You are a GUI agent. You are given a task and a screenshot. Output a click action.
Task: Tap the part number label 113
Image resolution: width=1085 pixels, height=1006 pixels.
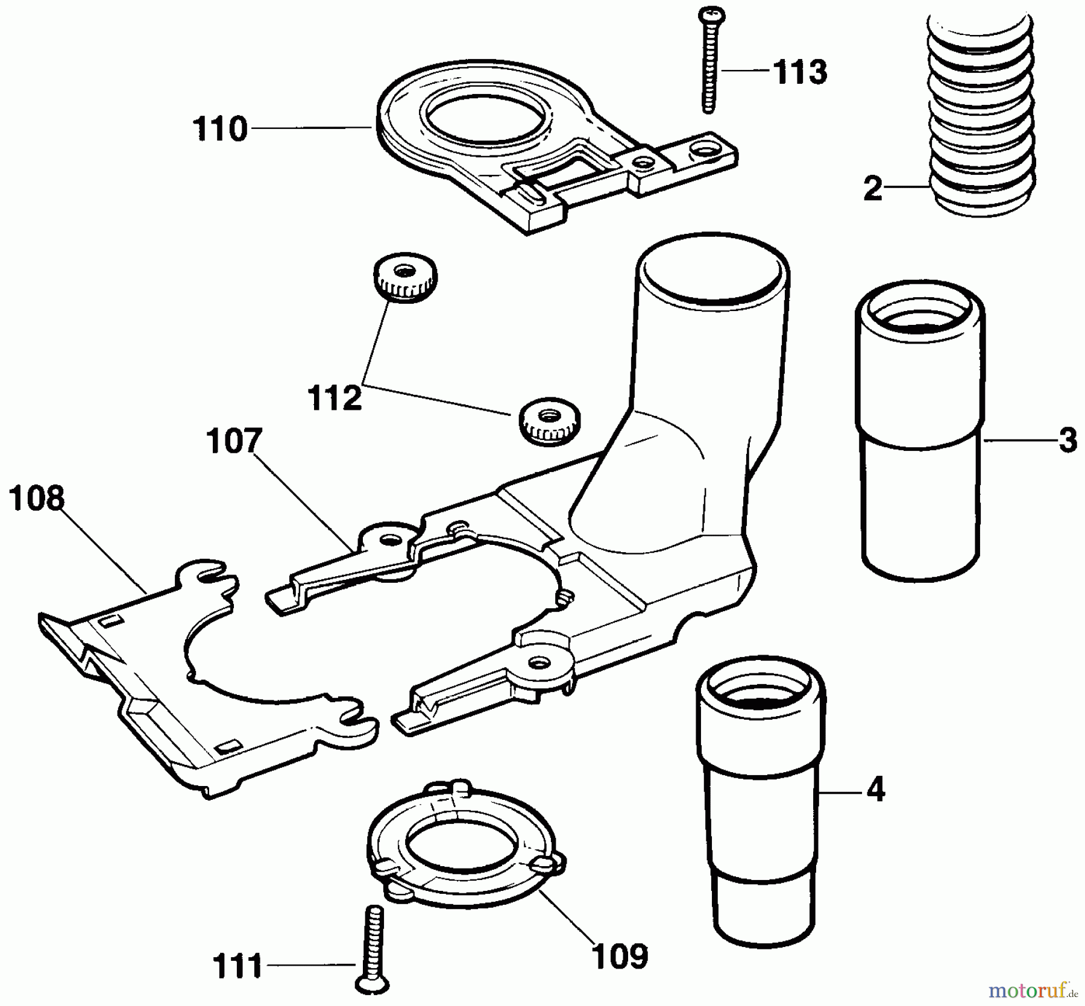pos(800,73)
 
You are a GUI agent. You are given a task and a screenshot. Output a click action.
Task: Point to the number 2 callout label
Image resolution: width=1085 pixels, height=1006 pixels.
pos(872,189)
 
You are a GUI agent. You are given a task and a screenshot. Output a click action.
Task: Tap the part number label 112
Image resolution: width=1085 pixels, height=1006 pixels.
pos(335,398)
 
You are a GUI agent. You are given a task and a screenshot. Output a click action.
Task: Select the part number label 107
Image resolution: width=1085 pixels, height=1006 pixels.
pos(234,442)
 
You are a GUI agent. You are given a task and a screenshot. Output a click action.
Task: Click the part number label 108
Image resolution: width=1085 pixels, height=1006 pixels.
pos(37,500)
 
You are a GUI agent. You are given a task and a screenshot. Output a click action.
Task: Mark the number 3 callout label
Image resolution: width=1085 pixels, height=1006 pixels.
pos(1068,441)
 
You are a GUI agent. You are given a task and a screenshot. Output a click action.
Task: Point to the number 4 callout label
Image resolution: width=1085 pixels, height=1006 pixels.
pos(875,790)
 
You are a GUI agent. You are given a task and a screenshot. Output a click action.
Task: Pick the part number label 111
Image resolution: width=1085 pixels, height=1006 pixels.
pos(237,966)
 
